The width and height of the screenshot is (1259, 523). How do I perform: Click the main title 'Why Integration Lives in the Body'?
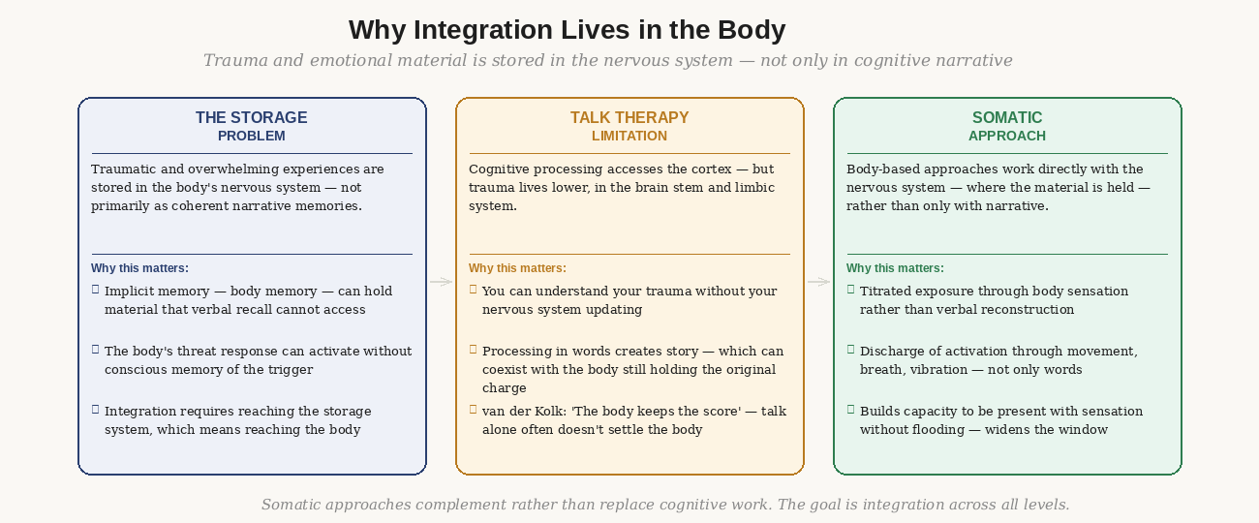click(567, 30)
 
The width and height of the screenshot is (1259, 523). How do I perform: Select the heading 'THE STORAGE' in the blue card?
click(251, 117)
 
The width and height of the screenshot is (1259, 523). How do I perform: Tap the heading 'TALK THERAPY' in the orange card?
click(629, 117)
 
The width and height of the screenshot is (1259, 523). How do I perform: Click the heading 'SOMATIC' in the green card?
click(1007, 117)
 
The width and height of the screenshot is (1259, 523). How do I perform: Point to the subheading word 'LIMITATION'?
click(629, 136)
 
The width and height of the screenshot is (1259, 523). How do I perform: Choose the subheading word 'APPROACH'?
click(1007, 136)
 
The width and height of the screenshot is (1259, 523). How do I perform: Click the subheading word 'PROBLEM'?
click(251, 136)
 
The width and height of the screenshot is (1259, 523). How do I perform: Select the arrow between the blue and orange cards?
click(441, 282)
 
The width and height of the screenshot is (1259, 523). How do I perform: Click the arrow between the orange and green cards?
click(818, 282)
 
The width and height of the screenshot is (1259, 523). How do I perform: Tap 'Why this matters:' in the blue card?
click(139, 268)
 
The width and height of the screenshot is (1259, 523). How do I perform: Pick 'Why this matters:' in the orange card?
click(517, 268)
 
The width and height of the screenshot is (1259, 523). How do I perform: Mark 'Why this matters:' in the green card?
click(895, 268)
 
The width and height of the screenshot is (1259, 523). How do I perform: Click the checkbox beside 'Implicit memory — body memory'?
click(95, 290)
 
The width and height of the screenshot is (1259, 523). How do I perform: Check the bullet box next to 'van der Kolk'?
click(473, 410)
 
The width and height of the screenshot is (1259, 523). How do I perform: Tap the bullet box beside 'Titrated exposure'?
click(850, 290)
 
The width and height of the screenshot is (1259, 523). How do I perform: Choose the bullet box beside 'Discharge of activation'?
click(850, 350)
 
